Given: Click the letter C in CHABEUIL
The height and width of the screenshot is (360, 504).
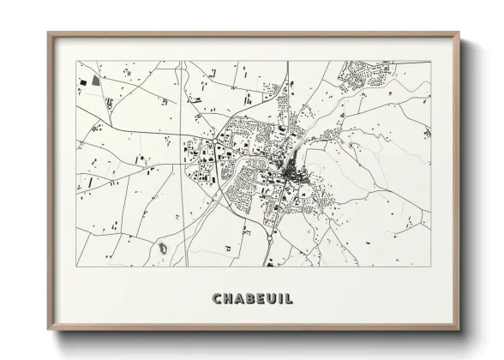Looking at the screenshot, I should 217,298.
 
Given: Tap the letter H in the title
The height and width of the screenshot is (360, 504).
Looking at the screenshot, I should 228,298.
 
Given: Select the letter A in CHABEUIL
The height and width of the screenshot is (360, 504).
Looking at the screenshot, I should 239,298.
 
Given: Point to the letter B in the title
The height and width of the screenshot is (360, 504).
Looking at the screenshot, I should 250,298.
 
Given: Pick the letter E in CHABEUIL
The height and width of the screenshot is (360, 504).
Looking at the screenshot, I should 261,298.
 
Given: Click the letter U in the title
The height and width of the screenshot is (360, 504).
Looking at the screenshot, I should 272,298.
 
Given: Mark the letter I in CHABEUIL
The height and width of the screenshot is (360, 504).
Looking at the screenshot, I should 281,298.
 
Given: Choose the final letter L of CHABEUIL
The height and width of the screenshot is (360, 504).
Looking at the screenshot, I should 289,298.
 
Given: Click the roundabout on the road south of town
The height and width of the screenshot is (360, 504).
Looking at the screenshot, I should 271,231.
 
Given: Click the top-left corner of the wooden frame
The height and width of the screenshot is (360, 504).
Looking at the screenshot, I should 49,33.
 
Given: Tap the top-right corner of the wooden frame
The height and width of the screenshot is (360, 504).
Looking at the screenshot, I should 459,33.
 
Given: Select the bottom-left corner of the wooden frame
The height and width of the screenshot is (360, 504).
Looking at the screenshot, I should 49,330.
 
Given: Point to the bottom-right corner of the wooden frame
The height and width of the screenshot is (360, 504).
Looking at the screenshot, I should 459,330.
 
